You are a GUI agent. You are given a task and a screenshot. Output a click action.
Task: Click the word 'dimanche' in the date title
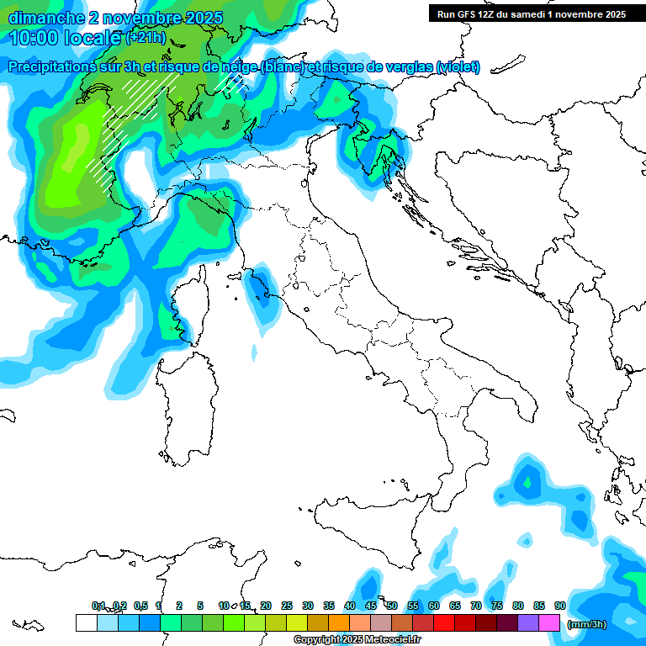coord(41,18)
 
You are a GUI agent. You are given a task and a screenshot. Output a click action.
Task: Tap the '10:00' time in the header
coord(34,38)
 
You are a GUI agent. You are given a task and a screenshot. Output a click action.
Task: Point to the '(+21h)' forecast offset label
coord(146,38)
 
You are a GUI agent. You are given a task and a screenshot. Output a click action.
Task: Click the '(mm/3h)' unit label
coord(585,623)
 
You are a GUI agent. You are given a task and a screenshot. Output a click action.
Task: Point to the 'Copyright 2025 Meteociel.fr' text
coord(357,640)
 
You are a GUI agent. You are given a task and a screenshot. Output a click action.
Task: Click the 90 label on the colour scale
coord(560,606)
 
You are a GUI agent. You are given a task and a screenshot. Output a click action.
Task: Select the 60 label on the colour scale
coord(434,606)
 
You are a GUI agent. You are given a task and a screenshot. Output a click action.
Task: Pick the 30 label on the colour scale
coord(308,606)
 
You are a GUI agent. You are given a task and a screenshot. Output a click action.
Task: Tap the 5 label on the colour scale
coord(200,606)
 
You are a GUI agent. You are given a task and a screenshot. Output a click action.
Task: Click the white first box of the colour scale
coord(86,622)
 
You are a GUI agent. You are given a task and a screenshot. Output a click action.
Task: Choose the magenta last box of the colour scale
coord(549,622)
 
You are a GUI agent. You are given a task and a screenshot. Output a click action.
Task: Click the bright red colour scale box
coord(444,622)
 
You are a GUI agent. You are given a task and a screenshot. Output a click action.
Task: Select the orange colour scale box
coord(338,622)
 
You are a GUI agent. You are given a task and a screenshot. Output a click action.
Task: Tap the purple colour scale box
coord(528,622)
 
